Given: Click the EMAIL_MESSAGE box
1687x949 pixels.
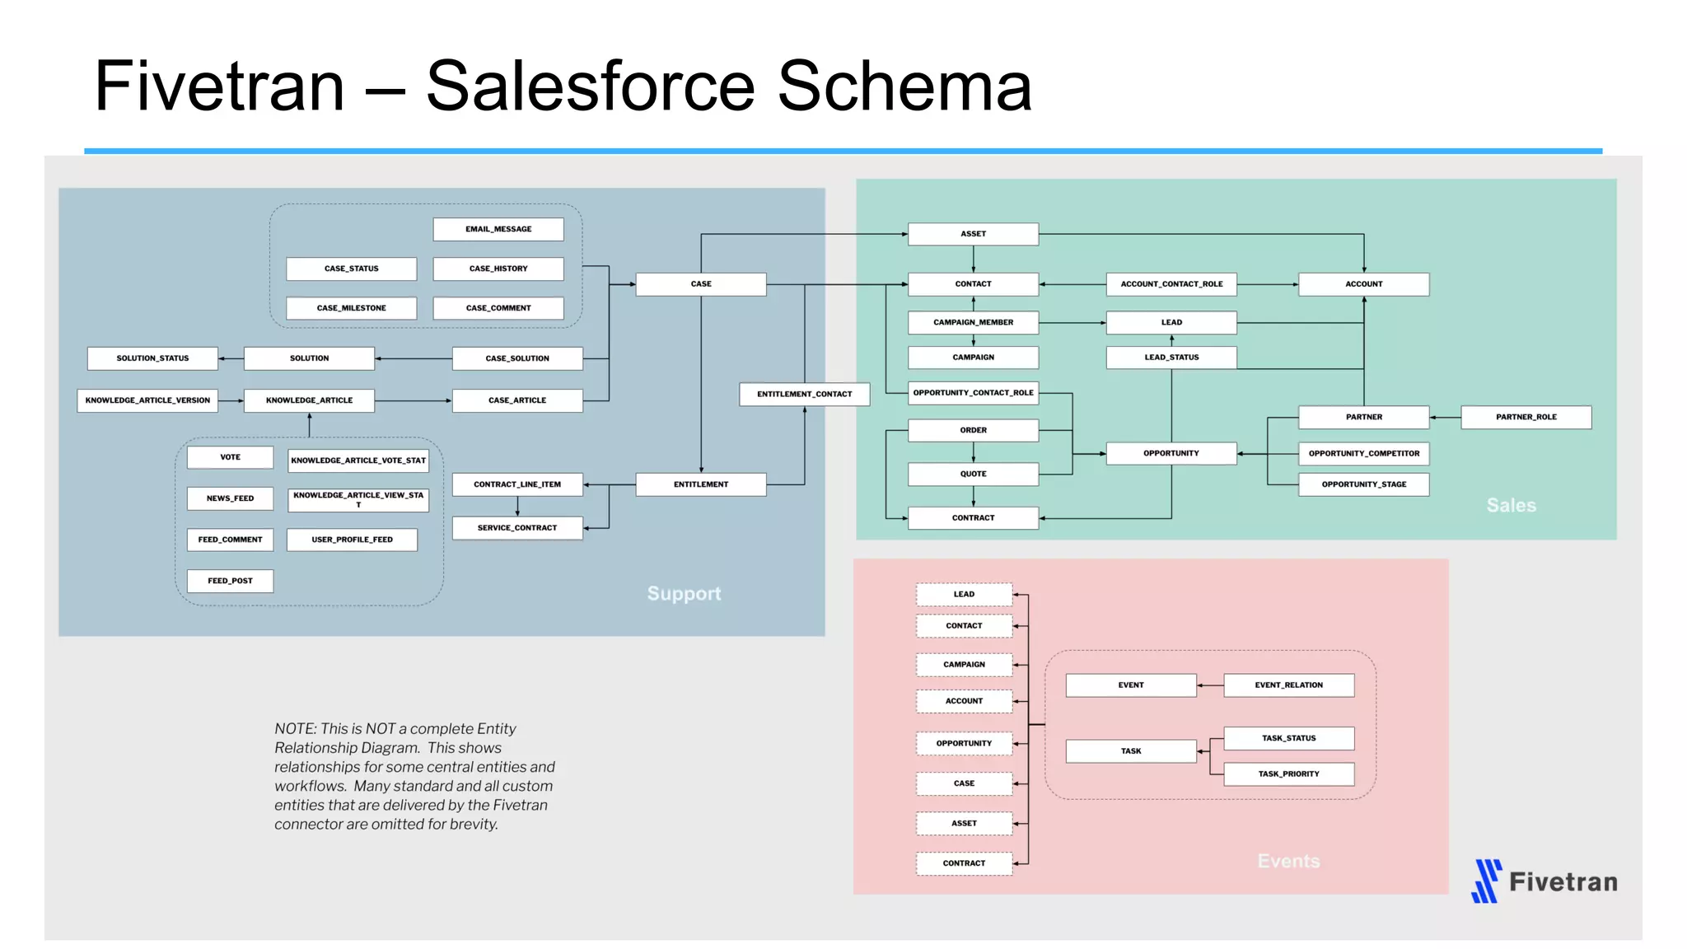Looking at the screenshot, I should (498, 229).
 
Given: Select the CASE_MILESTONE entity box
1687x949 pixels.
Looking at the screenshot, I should (351, 308).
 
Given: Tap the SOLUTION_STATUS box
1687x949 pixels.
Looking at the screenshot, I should (152, 358).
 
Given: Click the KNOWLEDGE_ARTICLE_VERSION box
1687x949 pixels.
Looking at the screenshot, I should (147, 400).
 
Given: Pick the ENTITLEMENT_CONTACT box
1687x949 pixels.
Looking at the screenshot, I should (804, 394).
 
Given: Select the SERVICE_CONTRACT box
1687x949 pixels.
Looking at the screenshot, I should (516, 527).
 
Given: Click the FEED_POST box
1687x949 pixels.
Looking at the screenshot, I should (230, 581).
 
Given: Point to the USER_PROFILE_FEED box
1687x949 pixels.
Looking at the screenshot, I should (352, 540).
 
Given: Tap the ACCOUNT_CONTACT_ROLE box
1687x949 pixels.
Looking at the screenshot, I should (1171, 284).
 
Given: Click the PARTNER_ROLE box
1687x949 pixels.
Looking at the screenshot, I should (1526, 417).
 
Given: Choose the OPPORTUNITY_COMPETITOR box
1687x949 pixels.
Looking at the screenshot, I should (1363, 453).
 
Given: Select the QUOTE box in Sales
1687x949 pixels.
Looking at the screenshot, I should (973, 474).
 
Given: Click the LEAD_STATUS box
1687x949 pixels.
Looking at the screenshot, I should (1171, 358).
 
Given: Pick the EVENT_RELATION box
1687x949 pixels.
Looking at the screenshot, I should (1288, 685).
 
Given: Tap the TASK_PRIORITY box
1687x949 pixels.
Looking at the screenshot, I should (1288, 774).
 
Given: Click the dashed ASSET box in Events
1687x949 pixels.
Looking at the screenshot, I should (964, 823).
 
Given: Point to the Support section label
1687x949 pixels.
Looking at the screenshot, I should (683, 593).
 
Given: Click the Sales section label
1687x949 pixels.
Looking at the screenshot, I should (1511, 505).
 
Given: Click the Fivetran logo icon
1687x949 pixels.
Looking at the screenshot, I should (1486, 881).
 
